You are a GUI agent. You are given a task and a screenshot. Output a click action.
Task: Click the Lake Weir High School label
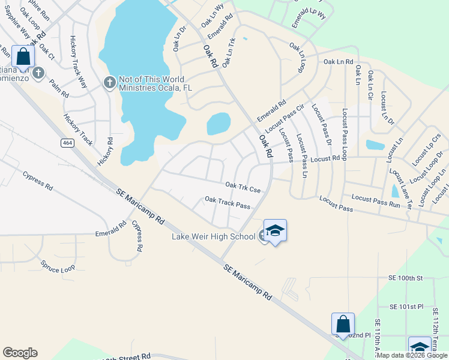point(213,236)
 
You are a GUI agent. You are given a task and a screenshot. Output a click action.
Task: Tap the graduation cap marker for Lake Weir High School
point(275,231)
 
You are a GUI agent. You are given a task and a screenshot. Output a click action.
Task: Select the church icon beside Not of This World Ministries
point(109,82)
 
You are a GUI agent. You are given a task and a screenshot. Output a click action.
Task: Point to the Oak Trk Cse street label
point(243,188)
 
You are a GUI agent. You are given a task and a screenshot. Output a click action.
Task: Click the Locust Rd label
point(326,159)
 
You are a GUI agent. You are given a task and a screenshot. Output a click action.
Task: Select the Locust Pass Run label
point(375,200)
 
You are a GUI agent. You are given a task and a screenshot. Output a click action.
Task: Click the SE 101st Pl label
point(407,307)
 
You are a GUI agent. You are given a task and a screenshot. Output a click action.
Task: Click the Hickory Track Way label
point(79,62)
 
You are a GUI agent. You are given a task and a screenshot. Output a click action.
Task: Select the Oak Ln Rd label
point(338,62)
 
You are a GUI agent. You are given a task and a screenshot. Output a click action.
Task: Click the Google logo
point(20,353)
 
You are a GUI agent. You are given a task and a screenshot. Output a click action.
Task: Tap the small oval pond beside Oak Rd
point(218,124)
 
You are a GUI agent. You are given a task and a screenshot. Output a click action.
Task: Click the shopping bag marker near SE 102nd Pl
point(343,324)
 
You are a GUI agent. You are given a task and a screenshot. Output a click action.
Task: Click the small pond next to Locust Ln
point(375,145)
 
